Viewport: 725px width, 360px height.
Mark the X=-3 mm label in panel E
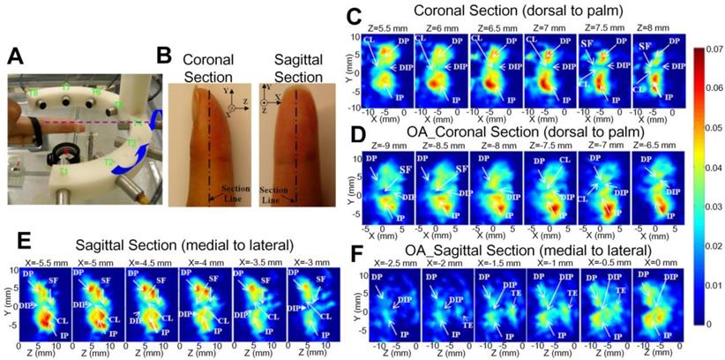pos(303,260)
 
